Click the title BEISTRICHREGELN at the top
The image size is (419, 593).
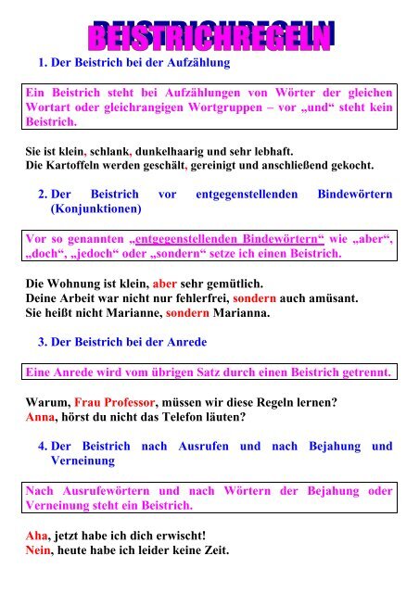(x=209, y=38)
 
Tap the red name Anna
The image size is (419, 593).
(x=42, y=417)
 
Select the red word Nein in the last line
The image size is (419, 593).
(x=42, y=550)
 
